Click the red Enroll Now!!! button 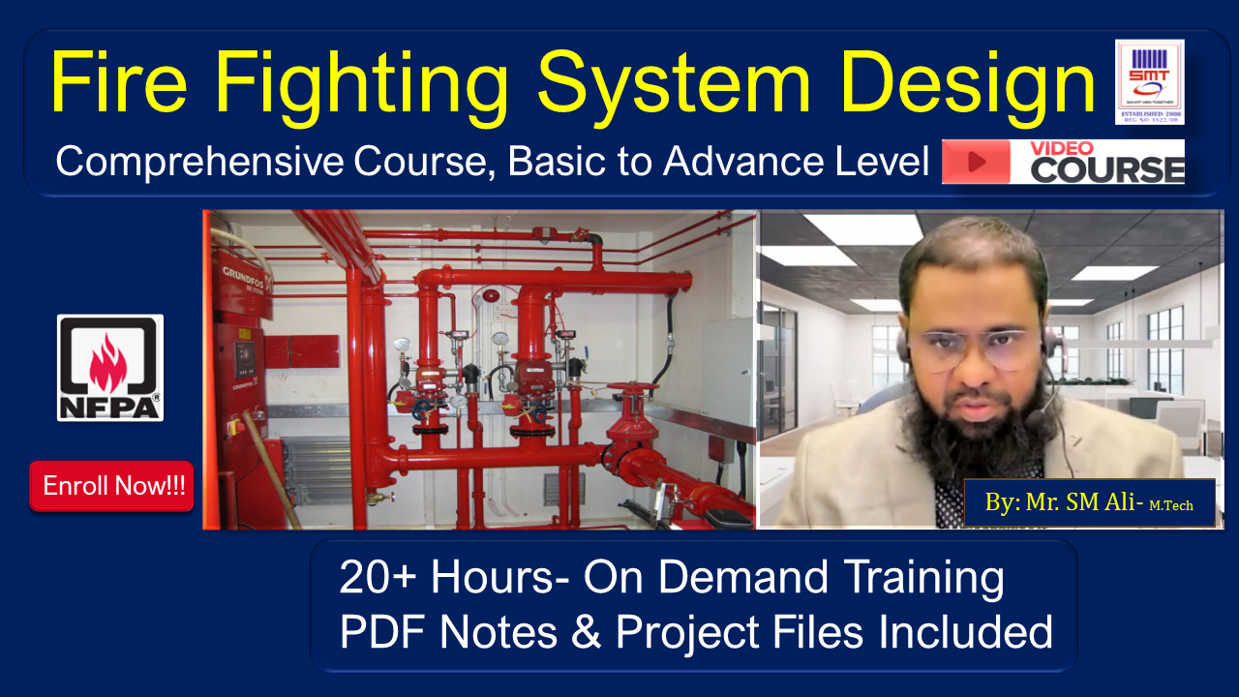pos(112,486)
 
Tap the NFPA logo pos(110,368)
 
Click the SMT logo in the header pos(1149,81)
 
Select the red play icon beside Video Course pos(976,162)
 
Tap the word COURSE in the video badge pos(1107,170)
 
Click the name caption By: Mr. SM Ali pos(1088,503)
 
